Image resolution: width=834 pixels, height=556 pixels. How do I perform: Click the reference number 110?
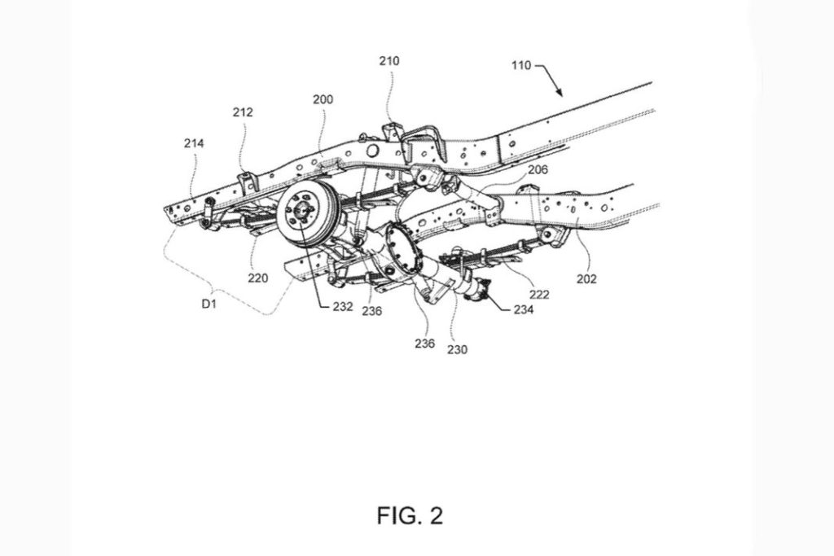[x=521, y=65]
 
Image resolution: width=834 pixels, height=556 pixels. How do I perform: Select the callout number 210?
[x=388, y=61]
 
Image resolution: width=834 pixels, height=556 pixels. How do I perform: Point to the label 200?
[x=323, y=99]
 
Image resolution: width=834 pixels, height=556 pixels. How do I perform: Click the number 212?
[x=243, y=112]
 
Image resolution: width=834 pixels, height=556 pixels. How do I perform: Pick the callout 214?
[x=194, y=143]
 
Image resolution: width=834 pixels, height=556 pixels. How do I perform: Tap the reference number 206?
[x=538, y=169]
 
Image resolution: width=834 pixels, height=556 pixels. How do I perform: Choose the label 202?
[x=586, y=278]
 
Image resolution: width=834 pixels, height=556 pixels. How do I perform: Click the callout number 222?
[x=539, y=295]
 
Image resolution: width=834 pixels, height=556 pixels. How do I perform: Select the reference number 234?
[x=524, y=309]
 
